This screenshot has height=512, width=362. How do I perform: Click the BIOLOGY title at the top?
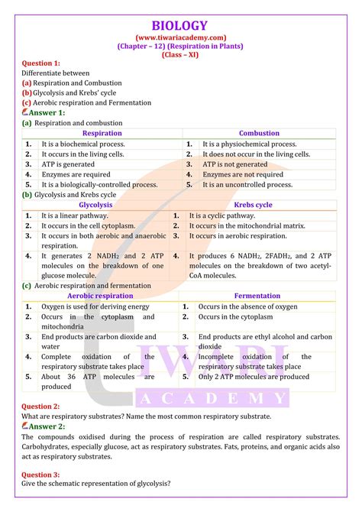(x=181, y=24)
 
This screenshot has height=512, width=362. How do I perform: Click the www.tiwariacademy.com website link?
(x=180, y=37)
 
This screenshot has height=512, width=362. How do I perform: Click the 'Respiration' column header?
(x=101, y=133)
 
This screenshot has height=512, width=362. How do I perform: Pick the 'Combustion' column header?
(x=259, y=133)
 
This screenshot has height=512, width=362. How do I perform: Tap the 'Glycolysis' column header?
(x=95, y=205)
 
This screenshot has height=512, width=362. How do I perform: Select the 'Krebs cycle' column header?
(x=254, y=205)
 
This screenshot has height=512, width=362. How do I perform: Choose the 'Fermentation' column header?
(x=257, y=295)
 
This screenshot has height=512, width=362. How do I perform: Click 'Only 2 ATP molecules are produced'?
(x=254, y=377)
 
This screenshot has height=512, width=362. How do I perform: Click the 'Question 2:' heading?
(x=40, y=407)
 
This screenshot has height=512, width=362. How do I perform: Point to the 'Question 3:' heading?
(x=40, y=474)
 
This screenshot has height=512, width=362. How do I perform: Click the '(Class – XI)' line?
(x=181, y=55)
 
